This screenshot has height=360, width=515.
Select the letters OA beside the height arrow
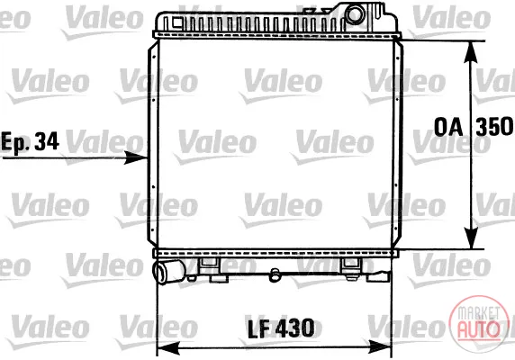(x=448, y=127)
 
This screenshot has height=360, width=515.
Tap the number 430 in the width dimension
(x=294, y=328)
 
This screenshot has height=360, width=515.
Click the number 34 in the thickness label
(x=47, y=141)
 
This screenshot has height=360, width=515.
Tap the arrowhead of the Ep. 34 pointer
(x=136, y=157)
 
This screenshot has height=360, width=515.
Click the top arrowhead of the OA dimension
(x=471, y=51)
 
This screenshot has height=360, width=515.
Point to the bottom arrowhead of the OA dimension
(x=471, y=238)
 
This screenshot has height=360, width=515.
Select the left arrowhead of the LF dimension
(x=169, y=348)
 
